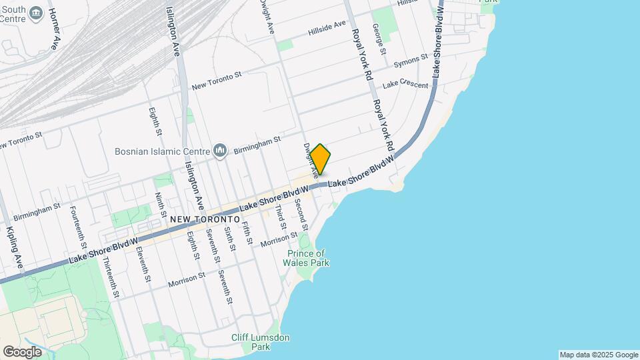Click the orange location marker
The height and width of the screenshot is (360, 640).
pyautogui.click(x=320, y=159)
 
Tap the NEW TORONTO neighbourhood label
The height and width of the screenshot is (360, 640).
pyautogui.click(x=205, y=219)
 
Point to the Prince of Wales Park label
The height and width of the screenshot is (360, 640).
pyautogui.click(x=307, y=258)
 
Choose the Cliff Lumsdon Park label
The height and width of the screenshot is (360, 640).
pyautogui.click(x=261, y=342)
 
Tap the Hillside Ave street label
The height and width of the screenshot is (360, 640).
pyautogui.click(x=327, y=27)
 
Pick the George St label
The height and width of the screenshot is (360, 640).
pyautogui.click(x=379, y=39)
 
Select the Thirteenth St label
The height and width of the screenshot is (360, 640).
pyautogui.click(x=111, y=277)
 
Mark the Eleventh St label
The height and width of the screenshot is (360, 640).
pyautogui.click(x=141, y=265)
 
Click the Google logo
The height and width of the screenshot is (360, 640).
pyautogui.click(x=22, y=351)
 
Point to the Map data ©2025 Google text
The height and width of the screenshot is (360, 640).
pyautogui.click(x=598, y=355)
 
